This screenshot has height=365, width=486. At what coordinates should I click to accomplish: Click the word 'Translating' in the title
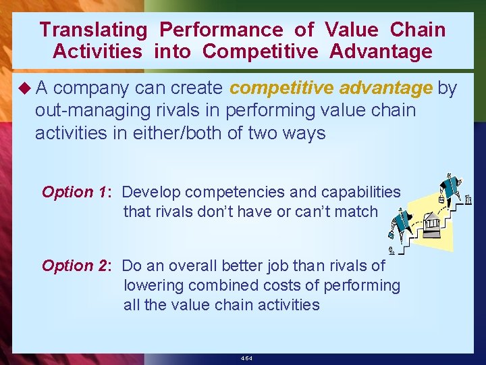(x=93, y=30)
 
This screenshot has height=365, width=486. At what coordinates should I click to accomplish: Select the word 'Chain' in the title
(x=418, y=30)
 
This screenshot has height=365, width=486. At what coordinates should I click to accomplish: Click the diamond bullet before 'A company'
(x=25, y=89)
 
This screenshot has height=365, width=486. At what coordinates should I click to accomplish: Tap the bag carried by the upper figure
(x=442, y=199)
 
